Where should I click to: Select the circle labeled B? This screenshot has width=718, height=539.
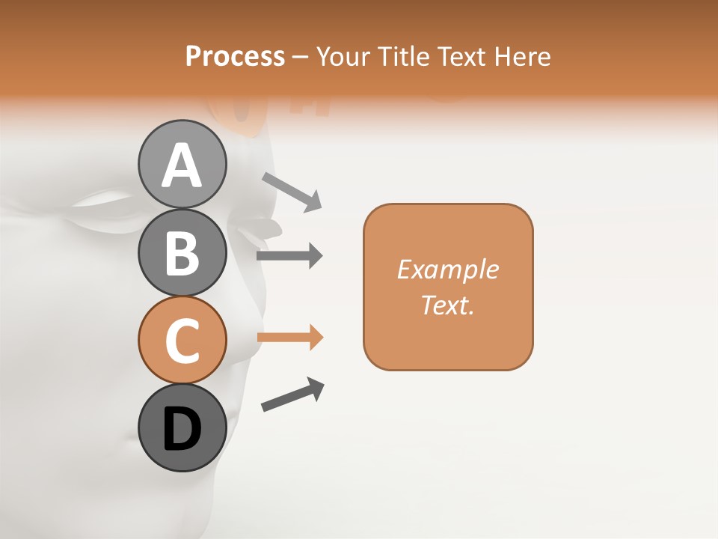182,252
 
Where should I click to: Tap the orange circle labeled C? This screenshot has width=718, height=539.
182,340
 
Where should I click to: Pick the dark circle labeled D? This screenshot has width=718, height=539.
182,428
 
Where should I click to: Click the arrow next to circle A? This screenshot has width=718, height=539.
292,191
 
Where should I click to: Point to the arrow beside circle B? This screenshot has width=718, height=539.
289,256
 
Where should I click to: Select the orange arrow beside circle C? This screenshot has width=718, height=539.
289,337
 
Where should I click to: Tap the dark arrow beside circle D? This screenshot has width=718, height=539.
292,395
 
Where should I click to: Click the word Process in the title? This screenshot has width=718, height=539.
235,56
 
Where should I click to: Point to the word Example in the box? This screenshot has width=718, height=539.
447,269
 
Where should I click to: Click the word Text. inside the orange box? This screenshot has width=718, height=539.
447,305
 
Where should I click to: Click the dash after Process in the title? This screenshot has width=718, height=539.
301,58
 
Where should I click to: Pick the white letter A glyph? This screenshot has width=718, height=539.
182,166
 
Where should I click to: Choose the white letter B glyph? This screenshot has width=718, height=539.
182,254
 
